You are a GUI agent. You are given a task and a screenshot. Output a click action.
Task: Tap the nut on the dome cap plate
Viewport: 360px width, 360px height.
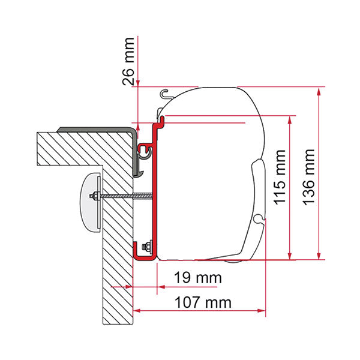coord(94,196)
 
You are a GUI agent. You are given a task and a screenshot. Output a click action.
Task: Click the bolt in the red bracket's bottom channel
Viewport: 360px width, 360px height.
coord(145,246)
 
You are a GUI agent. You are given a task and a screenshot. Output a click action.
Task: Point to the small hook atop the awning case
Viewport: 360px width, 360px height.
coord(167,93)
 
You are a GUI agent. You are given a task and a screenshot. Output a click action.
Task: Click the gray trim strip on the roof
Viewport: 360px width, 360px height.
coord(96,129)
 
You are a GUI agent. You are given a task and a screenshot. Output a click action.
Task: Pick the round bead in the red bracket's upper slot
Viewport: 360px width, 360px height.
coord(144,148)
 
